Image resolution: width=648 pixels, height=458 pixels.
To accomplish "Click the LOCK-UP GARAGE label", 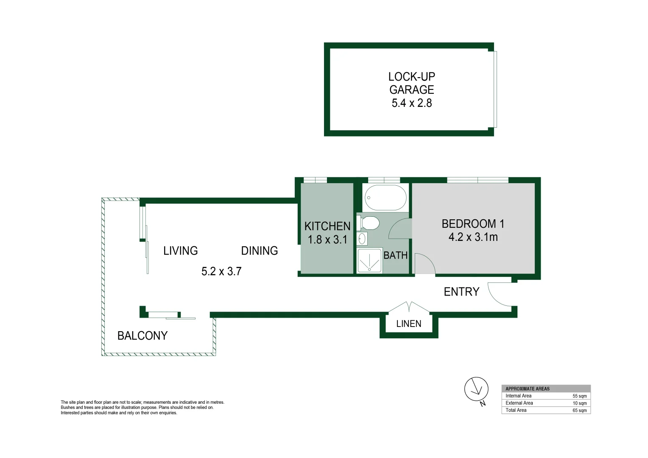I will coord(411,83).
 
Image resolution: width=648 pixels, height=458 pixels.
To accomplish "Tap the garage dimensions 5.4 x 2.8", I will coord(411,103).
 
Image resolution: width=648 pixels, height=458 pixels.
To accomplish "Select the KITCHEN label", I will coord(327,226).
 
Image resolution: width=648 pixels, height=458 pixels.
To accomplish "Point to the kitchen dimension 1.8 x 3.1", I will coord(327,240).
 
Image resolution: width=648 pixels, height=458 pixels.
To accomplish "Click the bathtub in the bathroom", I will coord(385,198).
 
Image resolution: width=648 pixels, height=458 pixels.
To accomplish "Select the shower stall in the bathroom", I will coord(369,260).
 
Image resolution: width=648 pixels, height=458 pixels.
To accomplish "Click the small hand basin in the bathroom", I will coord(362,239).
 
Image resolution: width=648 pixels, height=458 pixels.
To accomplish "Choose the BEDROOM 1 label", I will coord(473,223).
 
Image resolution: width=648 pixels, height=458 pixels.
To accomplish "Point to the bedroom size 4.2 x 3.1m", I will coord(473,237).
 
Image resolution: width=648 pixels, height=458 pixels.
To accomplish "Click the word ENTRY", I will coord(461,292).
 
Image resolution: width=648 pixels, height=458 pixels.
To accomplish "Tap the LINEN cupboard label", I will coord(409,324).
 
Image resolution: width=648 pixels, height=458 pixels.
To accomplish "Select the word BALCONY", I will coord(142,336).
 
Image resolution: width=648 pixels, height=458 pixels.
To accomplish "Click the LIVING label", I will coord(181,251).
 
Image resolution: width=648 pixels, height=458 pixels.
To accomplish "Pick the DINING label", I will coord(260,251).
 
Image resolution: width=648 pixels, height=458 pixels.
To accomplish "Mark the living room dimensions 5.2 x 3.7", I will coord(221,271).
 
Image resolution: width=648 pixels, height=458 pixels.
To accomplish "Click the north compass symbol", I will coord(476,389).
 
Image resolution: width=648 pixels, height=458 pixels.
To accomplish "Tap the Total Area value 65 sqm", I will coord(579,411).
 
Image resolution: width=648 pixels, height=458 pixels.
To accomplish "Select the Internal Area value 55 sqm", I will coord(579,396).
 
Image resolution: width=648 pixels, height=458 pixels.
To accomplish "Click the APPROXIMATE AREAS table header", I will coord(528,388).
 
